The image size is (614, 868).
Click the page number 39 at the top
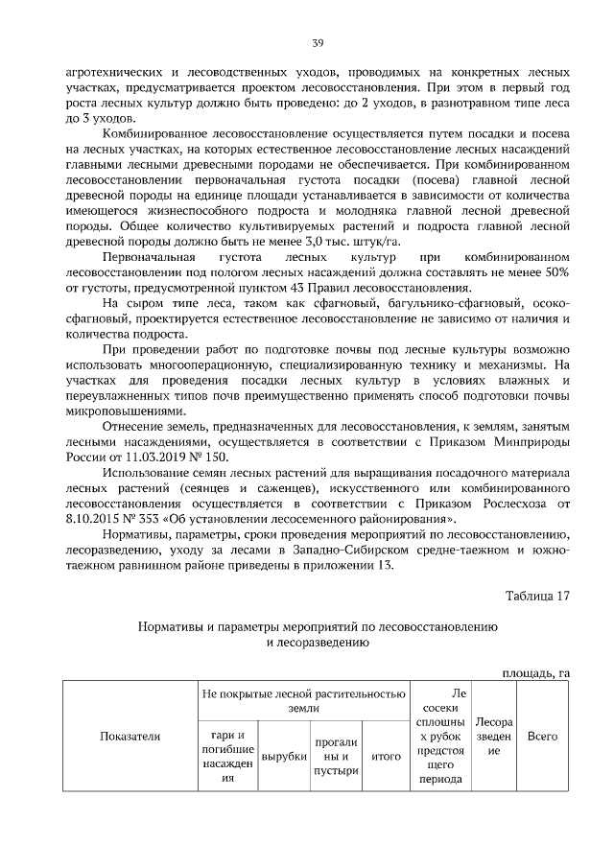point(318,43)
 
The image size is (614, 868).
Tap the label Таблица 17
point(537,595)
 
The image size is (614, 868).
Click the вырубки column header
point(284,757)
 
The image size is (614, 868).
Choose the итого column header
point(386,757)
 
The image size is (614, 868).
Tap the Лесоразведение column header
point(494,736)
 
